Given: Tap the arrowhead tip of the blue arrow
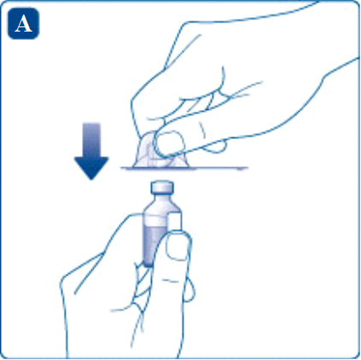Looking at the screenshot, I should coord(91,174).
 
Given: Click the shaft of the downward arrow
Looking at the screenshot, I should coord(91,136).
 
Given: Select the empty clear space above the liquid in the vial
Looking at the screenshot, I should coord(154,214).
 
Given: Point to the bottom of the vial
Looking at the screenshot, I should coord(154,263).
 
